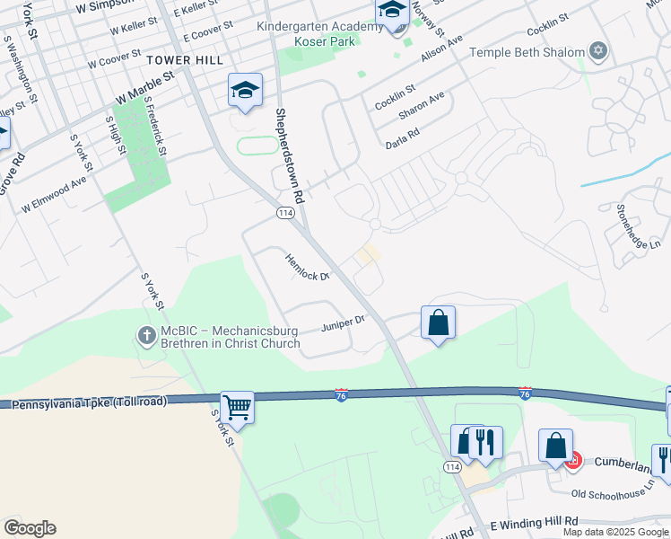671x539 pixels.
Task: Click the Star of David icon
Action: (x=598, y=51)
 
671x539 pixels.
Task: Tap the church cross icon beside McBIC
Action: (x=148, y=335)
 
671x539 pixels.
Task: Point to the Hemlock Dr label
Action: (x=308, y=267)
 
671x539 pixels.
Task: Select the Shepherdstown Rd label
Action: (x=290, y=155)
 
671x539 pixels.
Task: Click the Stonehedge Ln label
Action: (x=638, y=225)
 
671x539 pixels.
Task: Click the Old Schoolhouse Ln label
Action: (x=613, y=493)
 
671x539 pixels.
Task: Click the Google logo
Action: (x=30, y=528)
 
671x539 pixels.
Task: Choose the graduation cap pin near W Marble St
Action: (x=245, y=90)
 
